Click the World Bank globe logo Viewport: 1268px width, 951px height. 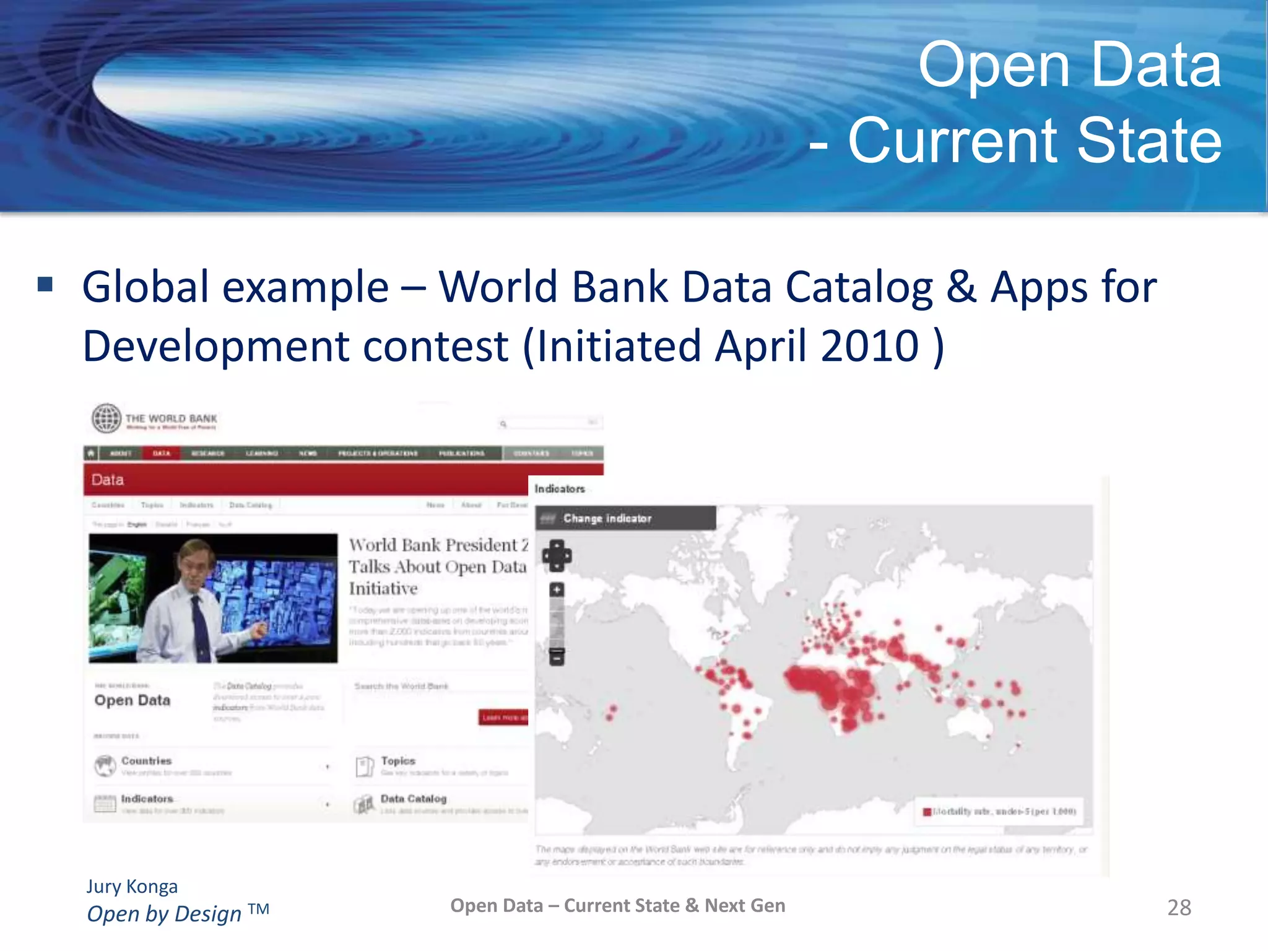pos(106,418)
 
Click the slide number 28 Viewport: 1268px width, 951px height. pos(1179,908)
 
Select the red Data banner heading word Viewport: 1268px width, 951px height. pos(108,480)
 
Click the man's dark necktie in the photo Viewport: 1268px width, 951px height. pos(201,625)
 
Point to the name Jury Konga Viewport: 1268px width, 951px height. pos(132,887)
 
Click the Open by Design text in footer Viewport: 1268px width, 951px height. pos(164,914)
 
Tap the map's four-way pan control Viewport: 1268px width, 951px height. pos(557,555)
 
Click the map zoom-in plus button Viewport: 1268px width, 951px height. pos(557,589)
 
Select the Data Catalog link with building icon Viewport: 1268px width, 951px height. pos(413,799)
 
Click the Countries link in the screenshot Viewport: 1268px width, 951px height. pos(146,761)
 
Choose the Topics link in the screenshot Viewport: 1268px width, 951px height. pos(398,761)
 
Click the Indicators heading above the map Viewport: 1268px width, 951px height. pos(560,489)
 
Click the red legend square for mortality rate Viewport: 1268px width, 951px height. pos(927,812)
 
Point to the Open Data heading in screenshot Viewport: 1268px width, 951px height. pos(132,700)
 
